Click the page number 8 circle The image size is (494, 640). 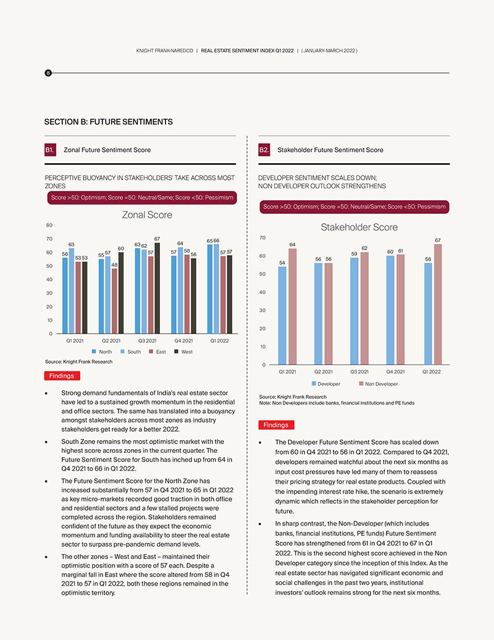point(48,73)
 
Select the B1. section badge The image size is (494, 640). point(50,149)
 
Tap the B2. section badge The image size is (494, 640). point(264,149)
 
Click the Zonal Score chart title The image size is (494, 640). point(147,215)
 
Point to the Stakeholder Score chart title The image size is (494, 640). point(359,227)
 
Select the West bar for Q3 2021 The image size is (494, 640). point(157,288)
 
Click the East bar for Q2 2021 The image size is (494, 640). point(115,301)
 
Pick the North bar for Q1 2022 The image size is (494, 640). point(210,289)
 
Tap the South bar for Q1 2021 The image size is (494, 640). point(72,290)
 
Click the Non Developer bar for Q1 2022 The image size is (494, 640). point(438,304)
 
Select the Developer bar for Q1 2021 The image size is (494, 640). point(282,316)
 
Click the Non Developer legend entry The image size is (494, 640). point(378,384)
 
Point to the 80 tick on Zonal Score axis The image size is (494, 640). point(49,225)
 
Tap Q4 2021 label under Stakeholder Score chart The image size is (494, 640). point(395,371)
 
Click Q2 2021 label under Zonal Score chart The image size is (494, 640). point(111,340)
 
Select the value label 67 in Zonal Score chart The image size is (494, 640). point(157,239)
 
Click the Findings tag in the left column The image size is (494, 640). point(62,376)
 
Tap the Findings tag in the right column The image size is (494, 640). point(276,425)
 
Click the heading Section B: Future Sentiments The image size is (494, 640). point(109,122)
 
